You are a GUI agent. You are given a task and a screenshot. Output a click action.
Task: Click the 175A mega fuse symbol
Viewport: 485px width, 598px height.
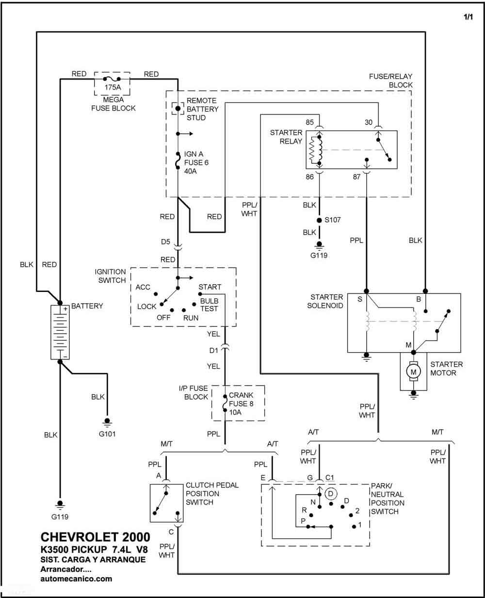point(112,79)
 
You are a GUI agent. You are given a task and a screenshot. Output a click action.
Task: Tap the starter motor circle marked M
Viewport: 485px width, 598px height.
point(413,372)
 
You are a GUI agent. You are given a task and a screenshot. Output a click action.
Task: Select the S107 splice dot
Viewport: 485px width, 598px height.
point(319,220)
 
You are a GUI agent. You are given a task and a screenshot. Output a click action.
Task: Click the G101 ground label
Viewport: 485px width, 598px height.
point(107,434)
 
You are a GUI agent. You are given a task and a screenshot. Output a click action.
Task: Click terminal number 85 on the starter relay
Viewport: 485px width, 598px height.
point(309,122)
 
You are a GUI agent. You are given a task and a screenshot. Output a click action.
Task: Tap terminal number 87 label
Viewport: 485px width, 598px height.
point(356,177)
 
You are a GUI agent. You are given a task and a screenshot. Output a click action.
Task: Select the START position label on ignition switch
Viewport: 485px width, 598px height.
point(210,287)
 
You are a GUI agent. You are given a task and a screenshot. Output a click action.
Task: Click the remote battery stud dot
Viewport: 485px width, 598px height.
point(178,108)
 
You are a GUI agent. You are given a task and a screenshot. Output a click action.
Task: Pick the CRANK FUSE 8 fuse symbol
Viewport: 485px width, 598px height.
point(225,404)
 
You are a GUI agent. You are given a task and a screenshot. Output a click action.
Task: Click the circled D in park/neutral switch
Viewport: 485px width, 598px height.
point(331,494)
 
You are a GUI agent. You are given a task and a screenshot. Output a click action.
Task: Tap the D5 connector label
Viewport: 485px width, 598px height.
point(165,242)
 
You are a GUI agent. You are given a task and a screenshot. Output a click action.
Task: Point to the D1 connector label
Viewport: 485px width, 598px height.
point(213,350)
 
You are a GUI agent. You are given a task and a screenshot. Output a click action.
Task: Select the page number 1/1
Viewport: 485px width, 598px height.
point(468,17)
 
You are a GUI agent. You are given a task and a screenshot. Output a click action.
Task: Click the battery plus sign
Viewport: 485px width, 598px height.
point(65,309)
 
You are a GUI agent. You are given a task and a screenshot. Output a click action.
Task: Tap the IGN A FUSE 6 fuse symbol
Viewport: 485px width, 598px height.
point(178,161)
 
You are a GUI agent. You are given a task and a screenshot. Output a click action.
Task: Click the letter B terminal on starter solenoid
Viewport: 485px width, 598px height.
point(419,299)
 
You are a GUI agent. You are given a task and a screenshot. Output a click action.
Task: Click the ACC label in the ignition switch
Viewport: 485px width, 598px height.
point(143,287)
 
